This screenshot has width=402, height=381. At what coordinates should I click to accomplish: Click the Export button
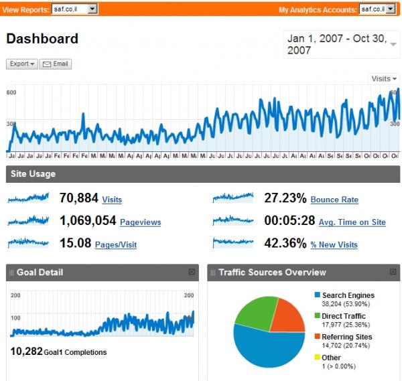[x=22, y=64]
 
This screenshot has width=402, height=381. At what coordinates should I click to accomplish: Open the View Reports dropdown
[x=74, y=9]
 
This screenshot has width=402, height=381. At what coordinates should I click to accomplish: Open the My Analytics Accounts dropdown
[x=378, y=9]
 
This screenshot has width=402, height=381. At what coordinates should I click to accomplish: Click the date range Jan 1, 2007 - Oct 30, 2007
[x=341, y=44]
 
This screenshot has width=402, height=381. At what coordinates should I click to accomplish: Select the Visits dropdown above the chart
[x=383, y=78]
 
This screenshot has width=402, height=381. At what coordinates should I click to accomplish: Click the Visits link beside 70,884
[x=112, y=200]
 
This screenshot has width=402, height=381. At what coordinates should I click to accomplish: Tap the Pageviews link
[x=140, y=222]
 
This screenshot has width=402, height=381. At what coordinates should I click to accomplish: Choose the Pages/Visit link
[x=116, y=245]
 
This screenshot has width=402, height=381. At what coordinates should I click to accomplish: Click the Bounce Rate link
[x=334, y=200]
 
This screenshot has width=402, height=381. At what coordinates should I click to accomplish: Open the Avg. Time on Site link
[x=352, y=222]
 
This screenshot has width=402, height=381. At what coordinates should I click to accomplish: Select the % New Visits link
[x=334, y=245]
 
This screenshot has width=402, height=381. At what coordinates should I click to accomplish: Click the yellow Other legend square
[x=317, y=358]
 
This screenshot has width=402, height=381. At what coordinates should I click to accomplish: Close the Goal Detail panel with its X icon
[x=192, y=272]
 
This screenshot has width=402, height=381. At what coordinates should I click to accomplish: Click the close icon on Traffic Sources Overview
[x=393, y=272]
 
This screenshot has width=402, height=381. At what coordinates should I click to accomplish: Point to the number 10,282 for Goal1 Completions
[x=25, y=352]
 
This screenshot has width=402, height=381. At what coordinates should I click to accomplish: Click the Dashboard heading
[x=42, y=39]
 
